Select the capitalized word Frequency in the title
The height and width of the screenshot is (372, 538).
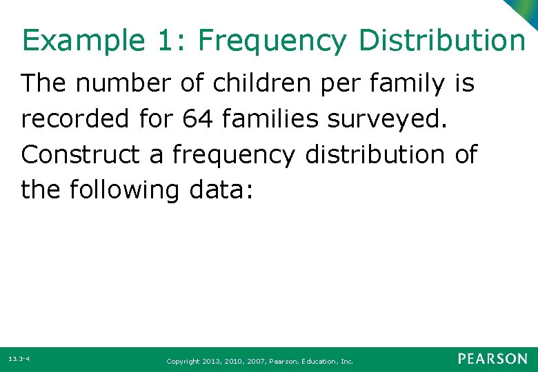(273, 41)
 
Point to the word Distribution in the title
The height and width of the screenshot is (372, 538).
(441, 41)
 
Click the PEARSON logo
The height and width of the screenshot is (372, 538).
(492, 359)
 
